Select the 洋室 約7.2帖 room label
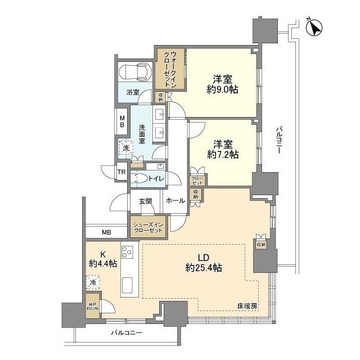click(x=222, y=148)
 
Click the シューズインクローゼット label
click(x=148, y=227)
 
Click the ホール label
click(x=175, y=200)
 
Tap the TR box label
click(x=121, y=173)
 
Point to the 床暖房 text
click(x=247, y=306)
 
